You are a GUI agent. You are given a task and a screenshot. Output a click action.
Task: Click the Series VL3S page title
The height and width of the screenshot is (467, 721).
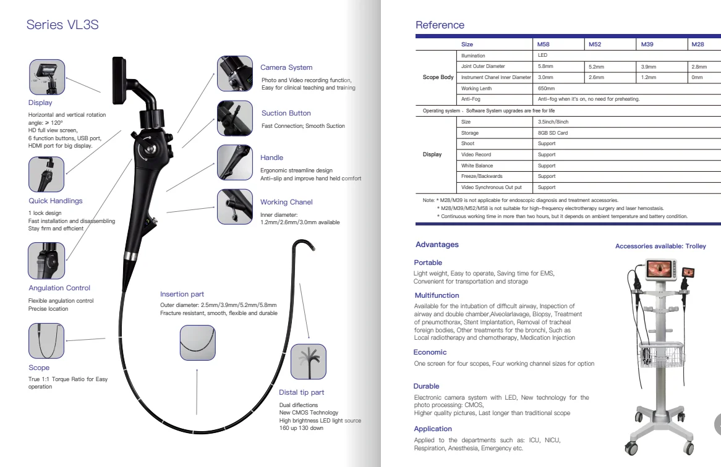click(x=62, y=25)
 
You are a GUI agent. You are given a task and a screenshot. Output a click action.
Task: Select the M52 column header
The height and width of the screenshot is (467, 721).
click(x=595, y=44)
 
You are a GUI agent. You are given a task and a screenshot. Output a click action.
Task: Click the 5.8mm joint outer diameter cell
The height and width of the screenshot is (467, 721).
click(x=545, y=66)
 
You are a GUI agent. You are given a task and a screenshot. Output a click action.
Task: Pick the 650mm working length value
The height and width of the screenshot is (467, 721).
click(x=545, y=88)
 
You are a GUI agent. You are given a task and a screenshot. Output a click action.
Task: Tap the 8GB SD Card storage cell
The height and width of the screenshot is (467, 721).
click(x=553, y=133)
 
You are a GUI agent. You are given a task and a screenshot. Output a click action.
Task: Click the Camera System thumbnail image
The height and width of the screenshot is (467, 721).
click(x=234, y=74)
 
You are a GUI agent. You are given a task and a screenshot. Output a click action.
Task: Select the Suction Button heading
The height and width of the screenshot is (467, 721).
click(x=286, y=113)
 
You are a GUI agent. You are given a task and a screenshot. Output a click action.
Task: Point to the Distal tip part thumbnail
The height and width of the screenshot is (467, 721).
click(x=308, y=361)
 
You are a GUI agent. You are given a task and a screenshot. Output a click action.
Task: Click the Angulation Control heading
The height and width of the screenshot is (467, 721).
click(x=59, y=288)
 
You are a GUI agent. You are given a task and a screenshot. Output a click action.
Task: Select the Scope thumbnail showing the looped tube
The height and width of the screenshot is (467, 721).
click(x=46, y=342)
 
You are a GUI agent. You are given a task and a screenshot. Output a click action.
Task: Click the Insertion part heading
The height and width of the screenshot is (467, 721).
click(x=182, y=294)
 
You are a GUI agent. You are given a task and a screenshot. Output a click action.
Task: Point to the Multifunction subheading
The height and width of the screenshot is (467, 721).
click(x=437, y=296)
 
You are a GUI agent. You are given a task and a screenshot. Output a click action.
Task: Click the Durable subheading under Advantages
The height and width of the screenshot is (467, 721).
click(x=426, y=386)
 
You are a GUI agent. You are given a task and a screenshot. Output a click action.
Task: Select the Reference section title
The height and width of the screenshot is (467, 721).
click(x=440, y=25)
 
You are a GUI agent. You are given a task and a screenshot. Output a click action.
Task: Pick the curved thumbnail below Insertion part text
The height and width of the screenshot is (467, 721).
click(x=197, y=342)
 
